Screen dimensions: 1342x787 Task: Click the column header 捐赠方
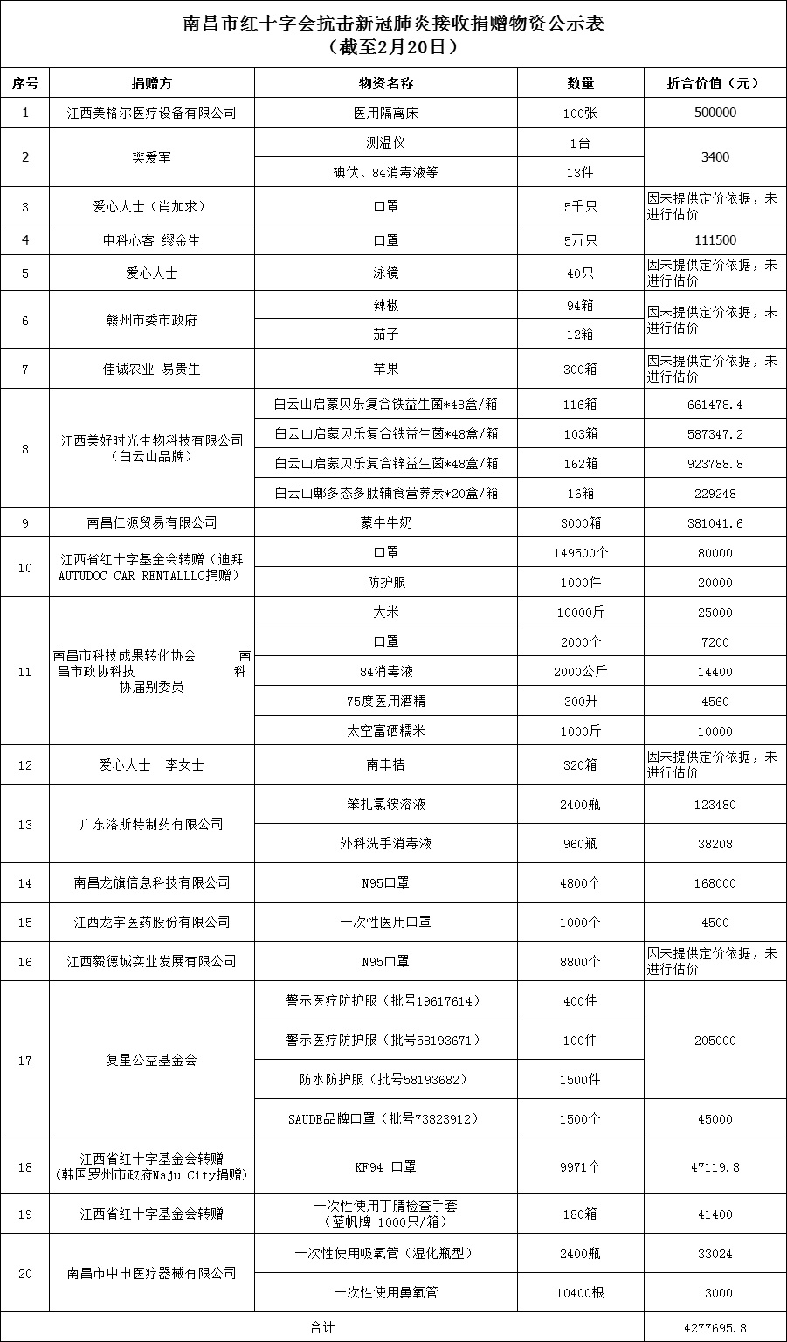[x=152, y=83]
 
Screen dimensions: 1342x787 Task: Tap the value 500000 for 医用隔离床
[x=715, y=113]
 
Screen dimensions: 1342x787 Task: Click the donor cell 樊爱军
[x=152, y=157]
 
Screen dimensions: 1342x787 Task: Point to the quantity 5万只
[x=580, y=240]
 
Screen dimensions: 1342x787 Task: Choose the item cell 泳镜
[x=385, y=273]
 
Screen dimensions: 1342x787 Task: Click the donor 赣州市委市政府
[x=152, y=320]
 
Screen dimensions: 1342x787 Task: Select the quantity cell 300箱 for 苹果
[x=580, y=369]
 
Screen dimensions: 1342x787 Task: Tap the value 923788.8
[x=715, y=463]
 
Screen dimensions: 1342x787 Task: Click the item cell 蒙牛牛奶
[x=385, y=522]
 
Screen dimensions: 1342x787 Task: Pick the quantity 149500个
[x=580, y=552]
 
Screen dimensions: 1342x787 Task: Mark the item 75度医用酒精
[x=385, y=701]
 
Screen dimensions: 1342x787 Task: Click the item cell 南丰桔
[x=385, y=764]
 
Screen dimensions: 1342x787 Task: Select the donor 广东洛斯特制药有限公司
[x=152, y=824]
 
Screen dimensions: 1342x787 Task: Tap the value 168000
[x=715, y=882]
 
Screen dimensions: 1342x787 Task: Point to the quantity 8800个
[x=580, y=961]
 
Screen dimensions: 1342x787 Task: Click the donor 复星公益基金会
[x=152, y=1060]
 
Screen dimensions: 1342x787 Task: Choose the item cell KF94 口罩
[x=385, y=1166]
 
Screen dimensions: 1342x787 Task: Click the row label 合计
[x=321, y=1327]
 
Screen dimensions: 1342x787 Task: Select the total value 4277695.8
[x=715, y=1327]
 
